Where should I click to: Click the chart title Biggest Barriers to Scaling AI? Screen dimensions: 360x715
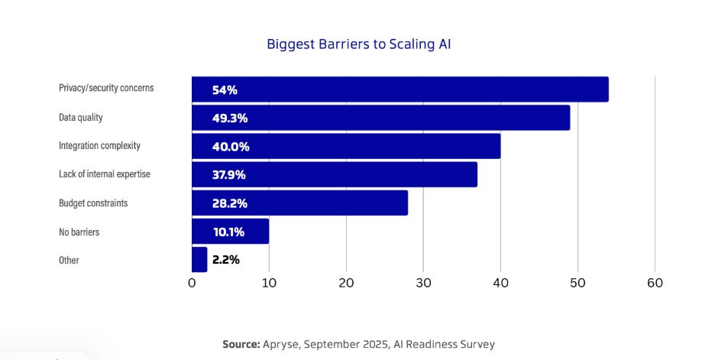358,44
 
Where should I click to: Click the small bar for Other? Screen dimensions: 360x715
199,260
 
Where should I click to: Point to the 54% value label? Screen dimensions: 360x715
225,90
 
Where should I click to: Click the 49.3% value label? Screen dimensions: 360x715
230,118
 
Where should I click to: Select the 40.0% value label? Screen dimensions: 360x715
231,147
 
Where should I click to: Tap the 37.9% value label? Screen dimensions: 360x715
228,175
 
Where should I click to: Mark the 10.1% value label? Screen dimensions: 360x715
228,232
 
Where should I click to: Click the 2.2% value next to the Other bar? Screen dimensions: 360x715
226,260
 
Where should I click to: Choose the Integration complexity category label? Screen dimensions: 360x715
99,145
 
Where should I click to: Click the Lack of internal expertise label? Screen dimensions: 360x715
105,174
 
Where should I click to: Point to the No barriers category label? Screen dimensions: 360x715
79,232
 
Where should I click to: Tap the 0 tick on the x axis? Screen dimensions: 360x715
192,283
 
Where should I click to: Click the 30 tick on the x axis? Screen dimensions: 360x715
423,283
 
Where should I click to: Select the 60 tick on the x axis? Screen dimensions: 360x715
655,283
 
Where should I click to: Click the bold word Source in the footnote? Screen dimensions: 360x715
241,344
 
